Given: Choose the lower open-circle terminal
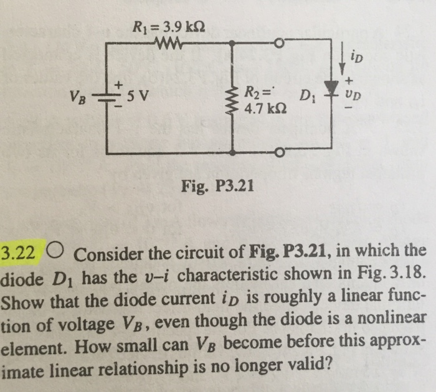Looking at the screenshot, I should [279, 152].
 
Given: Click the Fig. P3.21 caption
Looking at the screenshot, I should [218, 184].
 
